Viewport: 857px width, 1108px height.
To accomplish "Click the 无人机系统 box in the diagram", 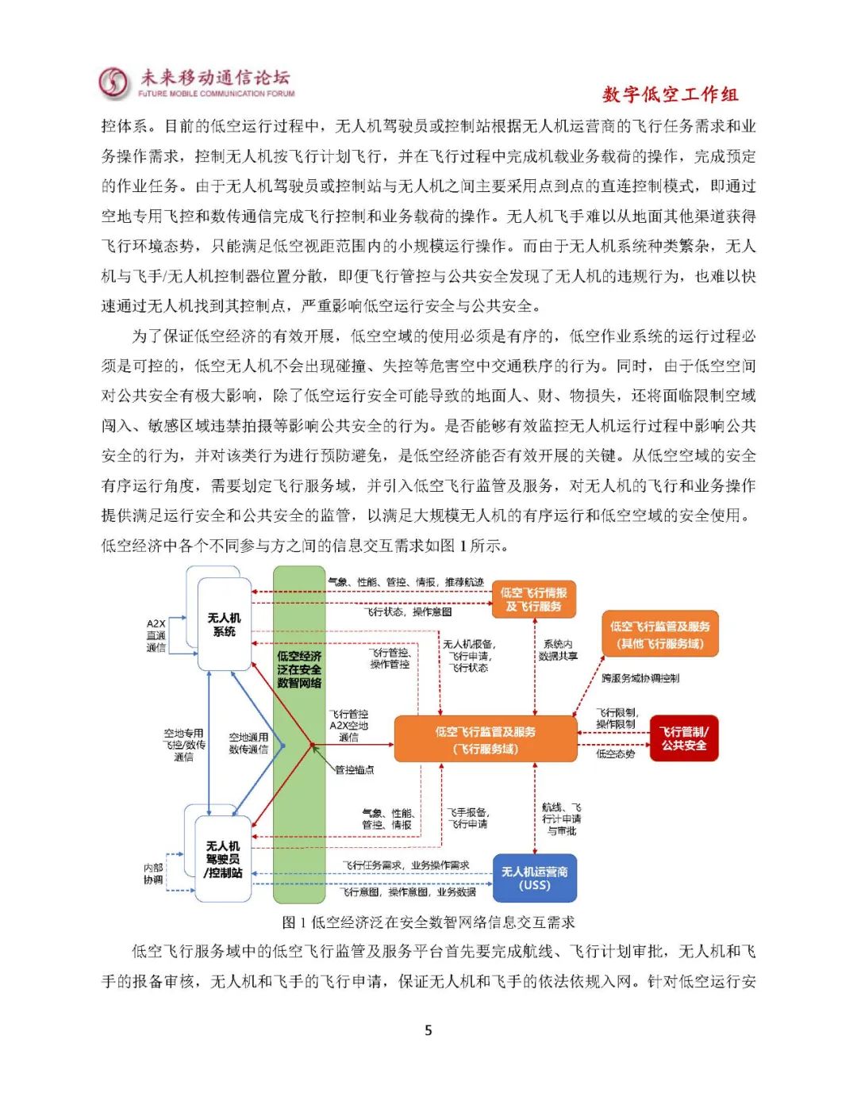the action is (x=224, y=624).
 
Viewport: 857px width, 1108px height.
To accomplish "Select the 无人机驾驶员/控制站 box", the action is (x=223, y=860).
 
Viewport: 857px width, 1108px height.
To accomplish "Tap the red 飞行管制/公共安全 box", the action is (x=684, y=738).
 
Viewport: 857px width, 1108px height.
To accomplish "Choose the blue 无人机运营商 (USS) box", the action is (x=534, y=878).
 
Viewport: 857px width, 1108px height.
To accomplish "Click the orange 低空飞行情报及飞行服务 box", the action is (x=533, y=600).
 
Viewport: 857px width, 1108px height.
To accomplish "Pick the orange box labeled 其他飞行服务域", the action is (x=659, y=635).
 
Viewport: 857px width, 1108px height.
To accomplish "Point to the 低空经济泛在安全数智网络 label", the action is (x=299, y=669).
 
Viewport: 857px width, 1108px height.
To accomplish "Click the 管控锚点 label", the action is (x=354, y=770).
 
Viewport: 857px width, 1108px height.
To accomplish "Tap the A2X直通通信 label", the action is (x=156, y=635).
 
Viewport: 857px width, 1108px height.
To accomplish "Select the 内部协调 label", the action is (x=153, y=874).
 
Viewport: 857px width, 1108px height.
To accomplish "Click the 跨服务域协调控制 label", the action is (x=640, y=678).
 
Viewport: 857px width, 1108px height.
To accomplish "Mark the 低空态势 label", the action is (x=616, y=753).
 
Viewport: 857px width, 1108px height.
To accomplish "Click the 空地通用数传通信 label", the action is (x=248, y=743).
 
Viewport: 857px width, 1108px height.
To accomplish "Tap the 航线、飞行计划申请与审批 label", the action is (x=561, y=819).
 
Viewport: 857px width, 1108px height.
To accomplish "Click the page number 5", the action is (x=428, y=1030).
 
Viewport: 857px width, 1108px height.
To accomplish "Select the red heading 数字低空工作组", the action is (x=670, y=94).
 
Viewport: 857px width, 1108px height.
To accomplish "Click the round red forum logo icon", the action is (x=114, y=82).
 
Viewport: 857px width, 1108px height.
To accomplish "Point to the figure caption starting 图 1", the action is (x=428, y=922).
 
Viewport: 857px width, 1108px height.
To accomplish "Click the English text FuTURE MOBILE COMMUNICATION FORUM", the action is (x=216, y=94).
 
